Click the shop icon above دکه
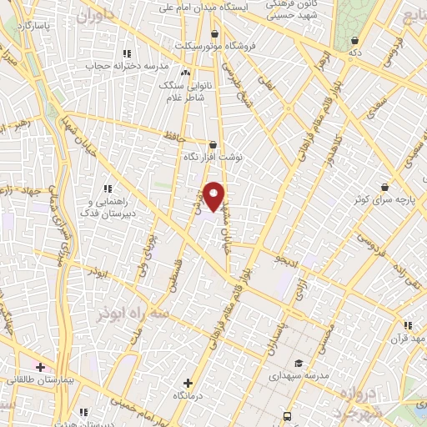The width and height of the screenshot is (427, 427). [355, 39]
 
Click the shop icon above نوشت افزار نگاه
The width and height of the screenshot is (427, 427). [213, 144]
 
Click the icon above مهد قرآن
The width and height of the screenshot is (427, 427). [407, 326]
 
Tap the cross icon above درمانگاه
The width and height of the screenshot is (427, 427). [188, 383]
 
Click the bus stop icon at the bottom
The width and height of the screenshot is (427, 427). [287, 415]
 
